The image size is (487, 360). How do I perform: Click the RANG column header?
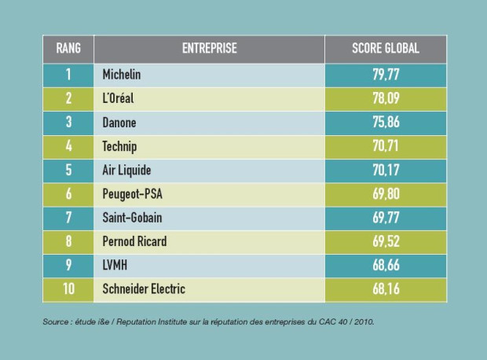coord(68,48)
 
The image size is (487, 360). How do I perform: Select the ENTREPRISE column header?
coord(210,48)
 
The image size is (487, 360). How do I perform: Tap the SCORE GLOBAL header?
coord(386,48)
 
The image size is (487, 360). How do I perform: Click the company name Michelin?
coord(122,75)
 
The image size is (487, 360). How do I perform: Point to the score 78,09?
coord(386,98)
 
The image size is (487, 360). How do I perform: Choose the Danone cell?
coord(119,123)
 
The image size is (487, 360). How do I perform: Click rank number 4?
coord(68,146)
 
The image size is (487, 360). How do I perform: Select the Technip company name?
coord(119,147)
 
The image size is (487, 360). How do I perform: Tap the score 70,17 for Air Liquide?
coord(386,170)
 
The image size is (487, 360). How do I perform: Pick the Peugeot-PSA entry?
coord(132,194)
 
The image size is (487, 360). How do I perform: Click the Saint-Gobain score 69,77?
coord(386,218)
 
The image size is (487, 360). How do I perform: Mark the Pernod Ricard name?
coord(134,241)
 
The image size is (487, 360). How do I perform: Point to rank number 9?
coord(68,265)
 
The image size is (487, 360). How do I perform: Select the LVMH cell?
coord(115,266)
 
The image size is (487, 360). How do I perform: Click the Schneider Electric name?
coord(144,289)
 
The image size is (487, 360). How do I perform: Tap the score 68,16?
coord(386,289)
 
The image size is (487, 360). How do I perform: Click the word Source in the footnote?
coord(55,321)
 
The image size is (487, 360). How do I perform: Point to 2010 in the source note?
coord(364,321)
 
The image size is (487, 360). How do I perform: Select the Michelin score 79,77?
coord(386,75)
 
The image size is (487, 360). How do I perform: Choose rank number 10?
coord(68,288)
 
